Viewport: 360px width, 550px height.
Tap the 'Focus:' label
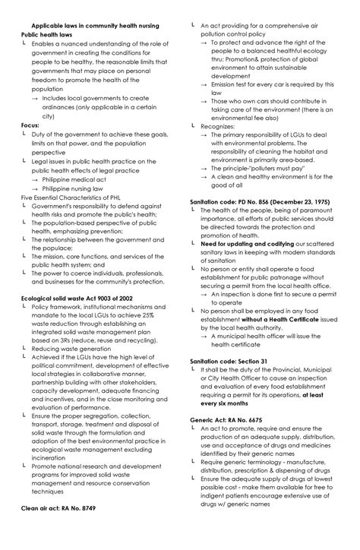[x=30, y=125]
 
